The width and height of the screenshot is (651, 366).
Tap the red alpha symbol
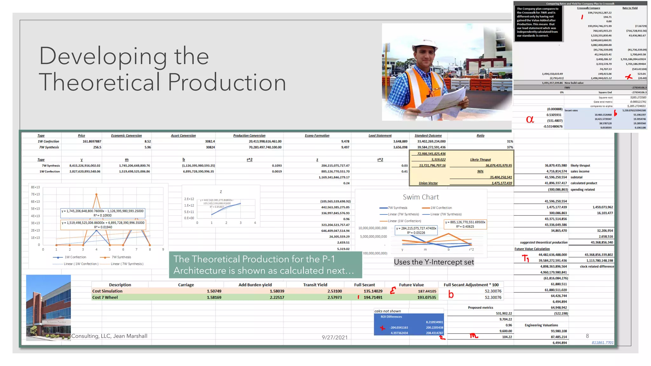click(530, 119)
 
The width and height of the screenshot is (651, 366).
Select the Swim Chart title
click(421, 197)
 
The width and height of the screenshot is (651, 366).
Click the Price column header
click(81, 136)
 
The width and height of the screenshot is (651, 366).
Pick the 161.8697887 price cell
click(92, 141)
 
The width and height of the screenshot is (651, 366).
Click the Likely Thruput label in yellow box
click(480, 160)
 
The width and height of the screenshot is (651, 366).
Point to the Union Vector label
click(428, 183)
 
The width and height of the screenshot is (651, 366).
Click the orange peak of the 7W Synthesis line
click(96, 194)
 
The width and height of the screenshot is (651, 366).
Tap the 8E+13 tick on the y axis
click(35, 187)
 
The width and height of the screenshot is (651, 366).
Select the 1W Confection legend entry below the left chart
click(75, 257)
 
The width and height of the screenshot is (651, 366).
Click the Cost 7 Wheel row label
click(105, 297)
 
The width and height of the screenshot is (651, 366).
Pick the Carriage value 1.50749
click(214, 291)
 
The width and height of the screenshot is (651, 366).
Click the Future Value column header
click(411, 285)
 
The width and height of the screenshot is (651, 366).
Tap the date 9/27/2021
click(334, 337)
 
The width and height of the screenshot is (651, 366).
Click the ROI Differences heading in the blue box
click(391, 317)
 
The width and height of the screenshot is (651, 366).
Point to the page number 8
click(587, 336)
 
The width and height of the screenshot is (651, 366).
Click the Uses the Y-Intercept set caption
click(434, 262)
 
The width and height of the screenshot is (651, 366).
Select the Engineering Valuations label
click(541, 325)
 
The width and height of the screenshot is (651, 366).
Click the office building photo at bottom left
click(48, 308)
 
